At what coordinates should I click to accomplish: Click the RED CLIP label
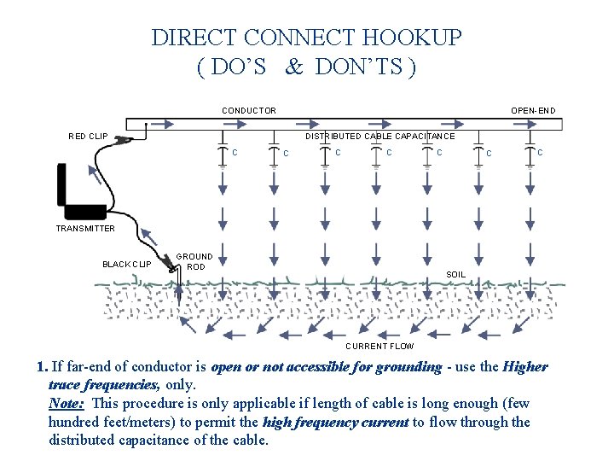[x=88, y=136]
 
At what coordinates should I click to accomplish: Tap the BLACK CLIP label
[x=126, y=264]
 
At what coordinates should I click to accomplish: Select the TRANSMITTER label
[x=85, y=229]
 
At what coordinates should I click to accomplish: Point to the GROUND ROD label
[x=194, y=261]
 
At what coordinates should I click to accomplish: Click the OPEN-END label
[x=533, y=110]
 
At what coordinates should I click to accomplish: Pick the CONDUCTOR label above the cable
[x=249, y=110]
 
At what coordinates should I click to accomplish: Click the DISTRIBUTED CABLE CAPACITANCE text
[x=379, y=136]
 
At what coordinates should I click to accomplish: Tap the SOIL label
[x=456, y=274]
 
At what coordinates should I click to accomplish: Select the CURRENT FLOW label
[x=379, y=346]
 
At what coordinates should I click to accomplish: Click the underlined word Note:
[x=67, y=403]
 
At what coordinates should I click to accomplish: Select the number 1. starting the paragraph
[x=43, y=367]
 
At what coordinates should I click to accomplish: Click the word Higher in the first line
[x=526, y=367]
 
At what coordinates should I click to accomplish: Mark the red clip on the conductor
[x=125, y=138]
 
